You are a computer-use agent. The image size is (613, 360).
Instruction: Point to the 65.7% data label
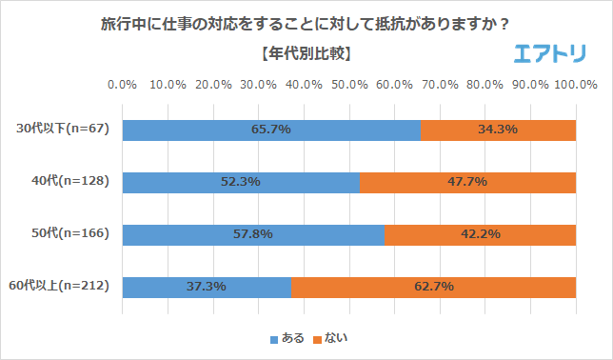[270, 130]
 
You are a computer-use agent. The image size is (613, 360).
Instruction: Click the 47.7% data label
[467, 182]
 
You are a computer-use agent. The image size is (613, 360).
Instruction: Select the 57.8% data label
[253, 234]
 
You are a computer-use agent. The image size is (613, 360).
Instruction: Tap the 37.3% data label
[207, 287]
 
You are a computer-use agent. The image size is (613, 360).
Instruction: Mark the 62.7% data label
[433, 287]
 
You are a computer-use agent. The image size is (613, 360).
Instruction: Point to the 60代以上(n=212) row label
[63, 287]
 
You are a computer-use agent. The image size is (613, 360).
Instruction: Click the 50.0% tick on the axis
[349, 85]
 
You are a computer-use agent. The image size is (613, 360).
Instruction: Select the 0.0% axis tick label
[123, 85]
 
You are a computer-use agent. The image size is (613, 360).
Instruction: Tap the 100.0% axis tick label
[575, 85]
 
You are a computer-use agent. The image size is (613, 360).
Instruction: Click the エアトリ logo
[549, 54]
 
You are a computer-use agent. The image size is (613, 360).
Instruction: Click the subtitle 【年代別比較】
[306, 53]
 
